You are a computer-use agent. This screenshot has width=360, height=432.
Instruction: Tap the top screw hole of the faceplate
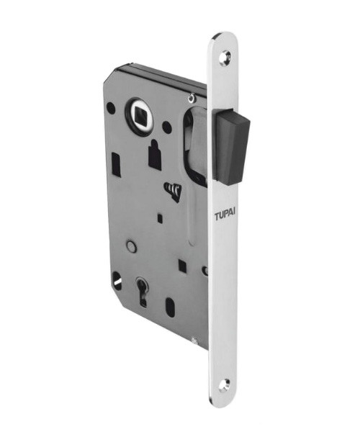tap(225, 58)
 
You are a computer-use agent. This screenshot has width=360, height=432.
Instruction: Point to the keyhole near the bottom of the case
tap(142, 291)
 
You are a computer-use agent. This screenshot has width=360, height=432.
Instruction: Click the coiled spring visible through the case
tap(173, 191)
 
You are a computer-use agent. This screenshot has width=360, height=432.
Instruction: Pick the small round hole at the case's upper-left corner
tap(110, 107)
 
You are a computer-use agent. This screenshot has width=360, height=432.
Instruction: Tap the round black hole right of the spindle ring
tap(167, 127)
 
